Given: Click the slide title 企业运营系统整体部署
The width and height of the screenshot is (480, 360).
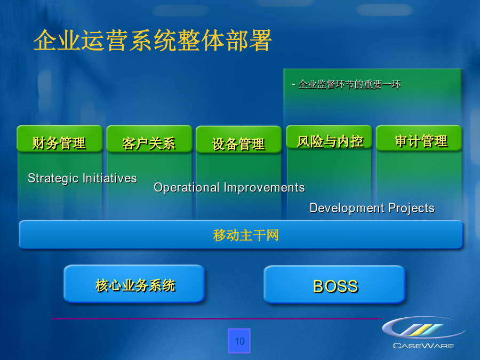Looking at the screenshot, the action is (x=153, y=41).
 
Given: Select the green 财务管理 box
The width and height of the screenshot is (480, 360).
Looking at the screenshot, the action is (x=59, y=139).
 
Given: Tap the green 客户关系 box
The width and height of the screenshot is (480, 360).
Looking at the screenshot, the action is (x=149, y=139).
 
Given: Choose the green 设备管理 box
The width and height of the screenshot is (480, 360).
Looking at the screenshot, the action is (x=238, y=139).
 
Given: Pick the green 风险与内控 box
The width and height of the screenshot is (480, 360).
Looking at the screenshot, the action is (x=329, y=138).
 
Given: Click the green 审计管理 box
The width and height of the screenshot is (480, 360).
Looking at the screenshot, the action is (x=419, y=138).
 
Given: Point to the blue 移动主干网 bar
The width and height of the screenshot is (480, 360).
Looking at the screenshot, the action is (x=241, y=235).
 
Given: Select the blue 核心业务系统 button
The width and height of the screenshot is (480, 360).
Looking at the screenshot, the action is (x=134, y=284).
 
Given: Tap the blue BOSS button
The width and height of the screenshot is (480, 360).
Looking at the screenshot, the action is (x=334, y=284).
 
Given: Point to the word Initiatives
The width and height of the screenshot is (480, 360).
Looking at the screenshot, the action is (x=109, y=178).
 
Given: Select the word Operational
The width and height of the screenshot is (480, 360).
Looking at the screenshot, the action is (x=187, y=188).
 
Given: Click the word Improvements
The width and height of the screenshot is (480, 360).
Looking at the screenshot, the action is (x=264, y=187).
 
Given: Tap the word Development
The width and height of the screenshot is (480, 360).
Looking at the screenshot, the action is (x=347, y=208).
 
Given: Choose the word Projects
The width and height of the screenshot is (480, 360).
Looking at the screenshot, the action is (x=411, y=208).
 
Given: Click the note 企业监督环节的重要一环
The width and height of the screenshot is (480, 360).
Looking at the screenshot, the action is (x=346, y=84).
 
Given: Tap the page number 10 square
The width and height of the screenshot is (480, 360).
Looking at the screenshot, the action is (x=239, y=341).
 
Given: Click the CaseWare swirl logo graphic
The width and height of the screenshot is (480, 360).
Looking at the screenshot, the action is (x=423, y=327).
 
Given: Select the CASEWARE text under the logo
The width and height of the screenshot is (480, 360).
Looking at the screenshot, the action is (x=423, y=346).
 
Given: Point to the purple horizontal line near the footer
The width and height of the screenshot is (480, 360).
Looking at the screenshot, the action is (x=217, y=319).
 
